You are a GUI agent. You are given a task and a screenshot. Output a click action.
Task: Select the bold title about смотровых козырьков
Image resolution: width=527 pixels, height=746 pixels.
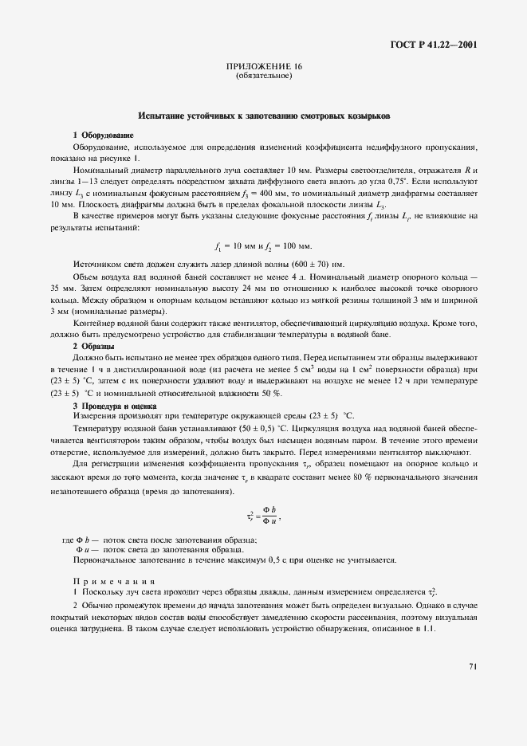pyautogui.click(x=263, y=116)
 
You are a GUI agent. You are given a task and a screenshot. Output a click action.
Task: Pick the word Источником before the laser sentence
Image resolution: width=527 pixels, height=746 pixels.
pyautogui.click(x=98, y=264)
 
